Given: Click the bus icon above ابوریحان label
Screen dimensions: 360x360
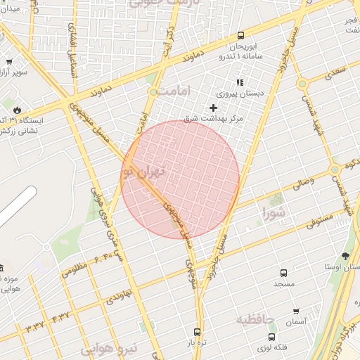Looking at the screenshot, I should (x=241, y=35).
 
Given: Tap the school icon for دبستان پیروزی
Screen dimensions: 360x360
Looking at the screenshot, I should (x=240, y=82).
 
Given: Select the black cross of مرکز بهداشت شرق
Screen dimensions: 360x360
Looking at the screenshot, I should (x=213, y=108).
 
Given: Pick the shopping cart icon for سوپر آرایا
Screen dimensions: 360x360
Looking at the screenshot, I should (x=8, y=61).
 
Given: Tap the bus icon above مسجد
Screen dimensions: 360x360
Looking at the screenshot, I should (x=283, y=273).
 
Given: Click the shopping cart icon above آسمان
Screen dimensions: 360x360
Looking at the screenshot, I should (x=296, y=311).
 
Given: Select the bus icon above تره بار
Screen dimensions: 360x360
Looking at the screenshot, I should (x=197, y=332).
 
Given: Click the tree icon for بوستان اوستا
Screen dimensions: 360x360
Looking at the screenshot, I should (x=345, y=257).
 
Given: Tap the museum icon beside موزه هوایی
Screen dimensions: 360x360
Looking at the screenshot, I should (x=1, y=267).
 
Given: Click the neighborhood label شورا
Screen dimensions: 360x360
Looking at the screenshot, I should (x=275, y=211).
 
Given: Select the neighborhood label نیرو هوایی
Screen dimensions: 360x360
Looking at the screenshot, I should (x=109, y=349).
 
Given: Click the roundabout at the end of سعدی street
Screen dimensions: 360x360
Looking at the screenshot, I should (x=302, y=84).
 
